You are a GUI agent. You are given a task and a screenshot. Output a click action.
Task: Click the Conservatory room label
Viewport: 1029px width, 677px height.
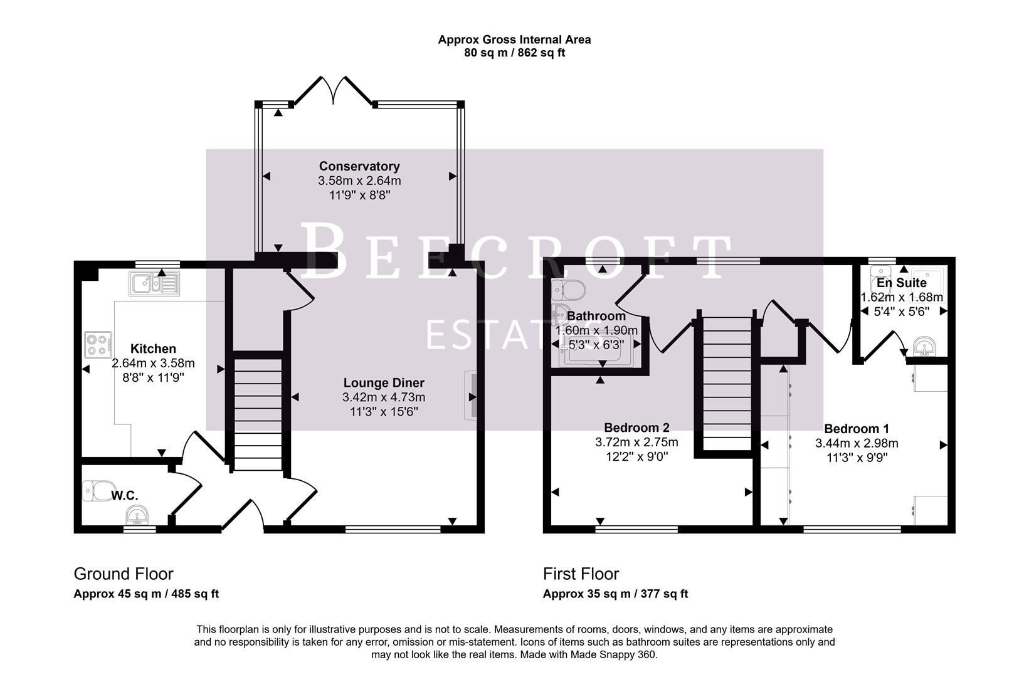(x=359, y=166)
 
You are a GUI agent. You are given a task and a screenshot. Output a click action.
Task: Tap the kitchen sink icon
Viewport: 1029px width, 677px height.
(x=154, y=284)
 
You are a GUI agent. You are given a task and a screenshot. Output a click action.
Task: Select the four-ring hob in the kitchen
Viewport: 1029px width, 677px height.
(x=98, y=344)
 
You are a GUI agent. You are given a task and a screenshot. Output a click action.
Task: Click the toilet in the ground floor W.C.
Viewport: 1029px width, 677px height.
(x=99, y=490)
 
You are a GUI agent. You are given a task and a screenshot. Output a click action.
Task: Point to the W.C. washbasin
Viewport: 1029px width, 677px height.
(x=136, y=517)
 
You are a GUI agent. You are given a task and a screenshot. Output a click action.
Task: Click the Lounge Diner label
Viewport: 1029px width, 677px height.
(x=384, y=382)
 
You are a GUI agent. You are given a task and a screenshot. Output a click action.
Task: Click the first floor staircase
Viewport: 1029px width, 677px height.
(x=726, y=382)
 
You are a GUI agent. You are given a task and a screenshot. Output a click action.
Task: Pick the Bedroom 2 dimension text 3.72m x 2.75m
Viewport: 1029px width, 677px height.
(x=636, y=443)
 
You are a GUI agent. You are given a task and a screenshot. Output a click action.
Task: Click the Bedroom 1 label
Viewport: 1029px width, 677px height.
(x=856, y=429)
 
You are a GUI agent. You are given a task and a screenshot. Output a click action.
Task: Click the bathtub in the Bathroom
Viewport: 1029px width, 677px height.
(x=593, y=354)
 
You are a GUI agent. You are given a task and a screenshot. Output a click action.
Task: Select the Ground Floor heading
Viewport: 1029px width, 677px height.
(x=124, y=574)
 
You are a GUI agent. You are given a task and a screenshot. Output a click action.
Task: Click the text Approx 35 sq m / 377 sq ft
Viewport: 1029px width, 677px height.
(x=615, y=594)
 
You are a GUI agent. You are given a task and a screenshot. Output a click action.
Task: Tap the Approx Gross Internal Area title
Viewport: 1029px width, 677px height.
(x=514, y=39)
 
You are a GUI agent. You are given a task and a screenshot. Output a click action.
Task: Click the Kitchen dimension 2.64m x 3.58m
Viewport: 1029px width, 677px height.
(x=153, y=364)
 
